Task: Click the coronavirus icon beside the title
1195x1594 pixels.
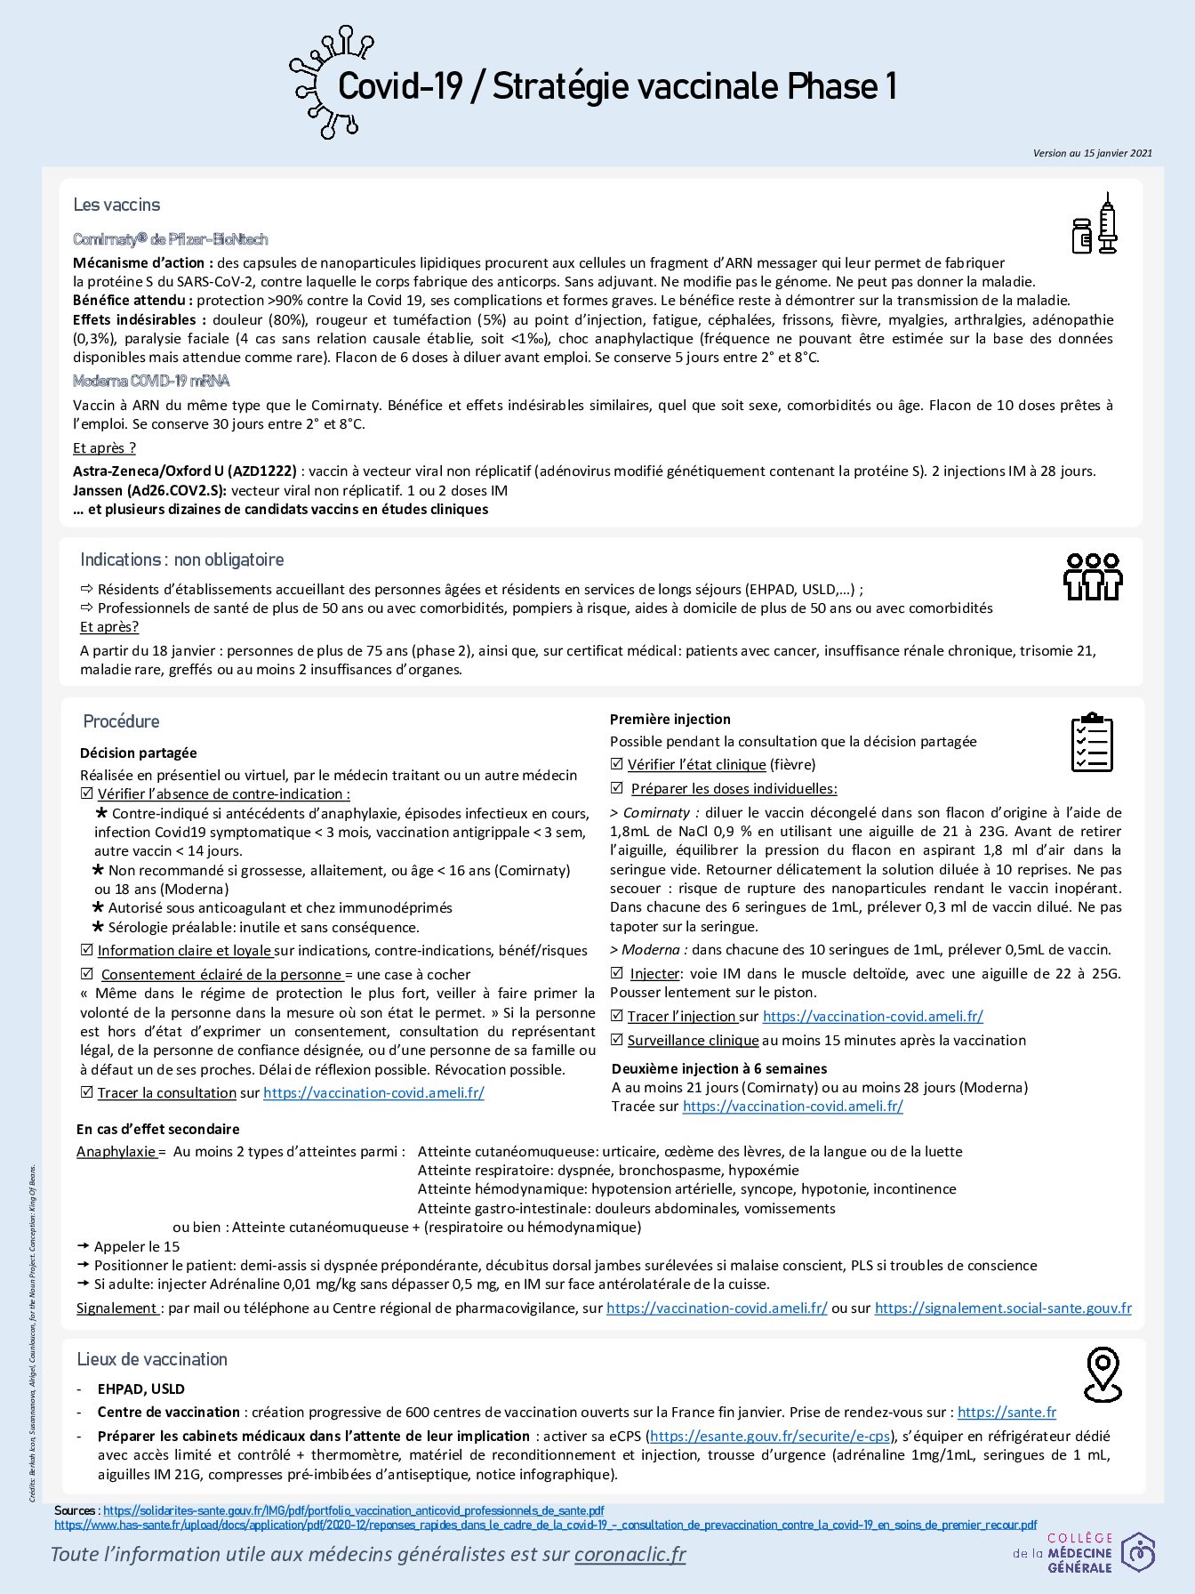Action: tap(325, 83)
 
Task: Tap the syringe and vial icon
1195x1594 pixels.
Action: tap(1095, 224)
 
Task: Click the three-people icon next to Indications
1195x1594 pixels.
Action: tap(1093, 576)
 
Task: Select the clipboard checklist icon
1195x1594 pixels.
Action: tap(1091, 742)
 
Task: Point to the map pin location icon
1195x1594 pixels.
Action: tap(1103, 1374)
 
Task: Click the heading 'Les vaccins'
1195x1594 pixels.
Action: tap(116, 205)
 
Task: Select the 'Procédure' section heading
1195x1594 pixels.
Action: tap(121, 721)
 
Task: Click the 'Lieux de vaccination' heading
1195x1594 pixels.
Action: tap(152, 1359)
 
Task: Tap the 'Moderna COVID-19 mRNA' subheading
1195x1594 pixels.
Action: tap(151, 381)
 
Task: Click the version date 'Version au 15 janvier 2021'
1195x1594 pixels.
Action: tap(1092, 153)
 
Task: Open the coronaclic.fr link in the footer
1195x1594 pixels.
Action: tap(630, 1554)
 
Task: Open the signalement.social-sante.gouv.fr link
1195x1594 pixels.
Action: tap(1003, 1308)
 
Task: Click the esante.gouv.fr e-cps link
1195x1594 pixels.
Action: tap(770, 1436)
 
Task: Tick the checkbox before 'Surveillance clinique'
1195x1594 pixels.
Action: tap(617, 1040)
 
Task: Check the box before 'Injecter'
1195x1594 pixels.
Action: tap(617, 973)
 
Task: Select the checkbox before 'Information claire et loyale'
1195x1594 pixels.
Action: tap(86, 950)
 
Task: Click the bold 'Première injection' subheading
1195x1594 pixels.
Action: tap(670, 719)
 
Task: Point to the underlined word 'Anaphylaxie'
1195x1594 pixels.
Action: tap(116, 1151)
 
